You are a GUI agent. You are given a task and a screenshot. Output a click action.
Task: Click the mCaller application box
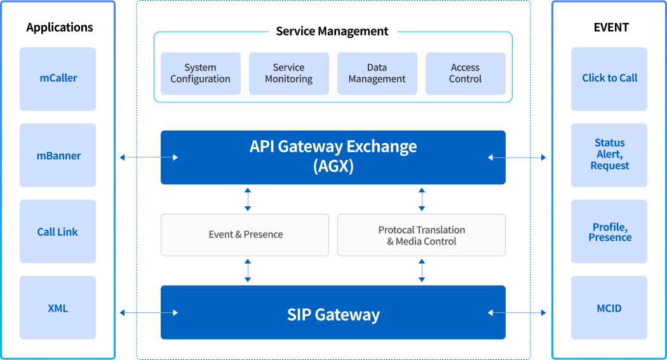point(58,79)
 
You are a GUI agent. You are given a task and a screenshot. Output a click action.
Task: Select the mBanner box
point(58,156)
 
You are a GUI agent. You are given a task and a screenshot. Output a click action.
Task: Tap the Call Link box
point(58,232)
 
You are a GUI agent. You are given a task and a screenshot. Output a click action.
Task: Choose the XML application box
point(58,308)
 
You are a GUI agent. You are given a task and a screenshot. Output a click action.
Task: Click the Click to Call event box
point(609,79)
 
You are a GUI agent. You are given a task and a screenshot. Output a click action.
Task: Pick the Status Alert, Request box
point(609,155)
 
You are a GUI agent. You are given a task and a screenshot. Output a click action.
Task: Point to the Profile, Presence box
point(609,232)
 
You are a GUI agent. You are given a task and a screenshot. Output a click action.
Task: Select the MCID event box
point(609,308)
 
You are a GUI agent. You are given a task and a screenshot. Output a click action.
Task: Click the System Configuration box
point(201,74)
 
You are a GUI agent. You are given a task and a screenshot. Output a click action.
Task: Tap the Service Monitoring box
point(289,74)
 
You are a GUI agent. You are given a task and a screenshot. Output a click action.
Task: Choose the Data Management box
point(377,74)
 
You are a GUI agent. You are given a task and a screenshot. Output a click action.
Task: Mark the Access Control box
point(466,74)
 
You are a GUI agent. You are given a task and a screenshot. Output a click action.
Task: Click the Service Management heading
point(332,31)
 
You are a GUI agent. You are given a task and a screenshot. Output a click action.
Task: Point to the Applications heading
point(60,27)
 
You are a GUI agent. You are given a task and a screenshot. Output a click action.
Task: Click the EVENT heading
point(611,27)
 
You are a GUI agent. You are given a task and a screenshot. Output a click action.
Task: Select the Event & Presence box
point(245,235)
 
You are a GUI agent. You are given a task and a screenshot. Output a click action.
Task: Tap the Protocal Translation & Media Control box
point(421,235)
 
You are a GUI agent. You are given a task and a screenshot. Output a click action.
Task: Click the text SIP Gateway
point(333,314)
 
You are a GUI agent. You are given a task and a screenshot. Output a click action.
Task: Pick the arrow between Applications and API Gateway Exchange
point(149,157)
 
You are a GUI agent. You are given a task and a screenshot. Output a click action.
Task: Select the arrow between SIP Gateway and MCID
point(517,312)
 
